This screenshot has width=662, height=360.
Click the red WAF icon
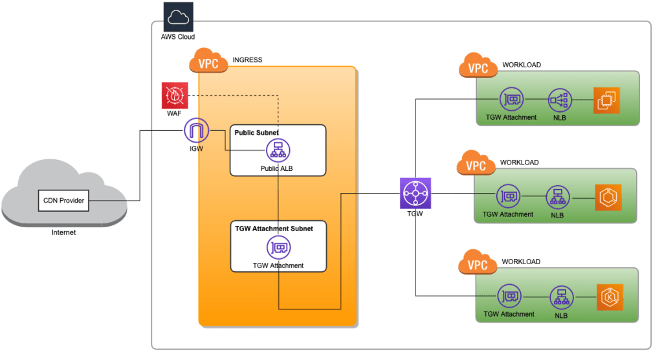click(175, 95)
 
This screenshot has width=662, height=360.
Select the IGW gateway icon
click(196, 131)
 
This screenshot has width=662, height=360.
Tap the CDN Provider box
click(63, 200)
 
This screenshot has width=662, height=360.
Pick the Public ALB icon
click(278, 151)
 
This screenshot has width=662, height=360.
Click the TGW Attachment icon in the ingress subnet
click(279, 247)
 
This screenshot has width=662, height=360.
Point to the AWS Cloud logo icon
click(178, 17)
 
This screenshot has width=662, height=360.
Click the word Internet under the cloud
click(63, 232)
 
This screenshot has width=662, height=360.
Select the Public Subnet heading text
click(256, 133)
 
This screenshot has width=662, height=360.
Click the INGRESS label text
click(247, 60)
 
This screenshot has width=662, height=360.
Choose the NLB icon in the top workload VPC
click(558, 100)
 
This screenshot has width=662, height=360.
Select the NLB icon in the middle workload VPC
click(556, 197)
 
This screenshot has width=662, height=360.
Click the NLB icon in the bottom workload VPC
click(560, 298)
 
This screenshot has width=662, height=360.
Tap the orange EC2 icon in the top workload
click(607, 100)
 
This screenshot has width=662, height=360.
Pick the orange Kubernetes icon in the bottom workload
click(610, 297)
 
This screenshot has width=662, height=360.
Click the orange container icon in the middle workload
click(608, 197)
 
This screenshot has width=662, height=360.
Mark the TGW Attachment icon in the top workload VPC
click(511, 100)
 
